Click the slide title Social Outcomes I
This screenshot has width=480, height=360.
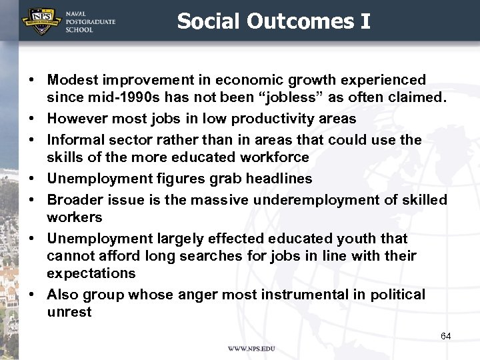pos(273,21)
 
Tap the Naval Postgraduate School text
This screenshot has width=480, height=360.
pos(91,21)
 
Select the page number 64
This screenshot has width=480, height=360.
pos(445,336)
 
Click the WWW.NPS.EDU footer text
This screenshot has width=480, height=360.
pos(251,349)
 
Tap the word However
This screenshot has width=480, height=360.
pos(75,119)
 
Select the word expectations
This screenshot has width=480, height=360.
pos(91,273)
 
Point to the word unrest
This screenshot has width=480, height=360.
pos(69,312)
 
